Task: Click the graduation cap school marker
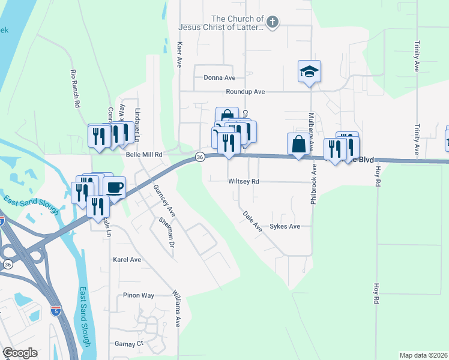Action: coord(309,71)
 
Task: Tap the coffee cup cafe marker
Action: coord(114,187)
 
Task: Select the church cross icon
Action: coord(272,23)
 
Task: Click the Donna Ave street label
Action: coord(219,77)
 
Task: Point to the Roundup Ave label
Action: coord(245,92)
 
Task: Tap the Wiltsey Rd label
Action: coord(243,181)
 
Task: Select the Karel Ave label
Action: coord(127,260)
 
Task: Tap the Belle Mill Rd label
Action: coord(145,154)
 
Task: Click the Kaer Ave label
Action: coord(179,53)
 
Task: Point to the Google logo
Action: coord(20,353)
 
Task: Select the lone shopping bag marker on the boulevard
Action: coord(298,144)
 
